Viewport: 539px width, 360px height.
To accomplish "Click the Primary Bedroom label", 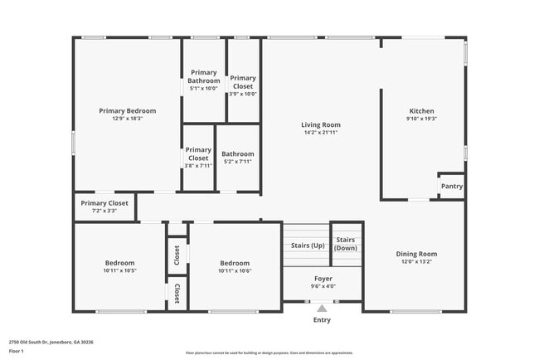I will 127,110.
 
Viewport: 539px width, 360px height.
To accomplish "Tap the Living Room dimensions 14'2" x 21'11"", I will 320,133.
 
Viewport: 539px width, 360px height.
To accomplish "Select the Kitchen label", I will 421,110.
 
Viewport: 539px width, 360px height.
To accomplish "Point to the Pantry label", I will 451,187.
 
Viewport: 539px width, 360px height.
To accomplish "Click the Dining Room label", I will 415,254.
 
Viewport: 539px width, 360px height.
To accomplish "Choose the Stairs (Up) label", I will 307,246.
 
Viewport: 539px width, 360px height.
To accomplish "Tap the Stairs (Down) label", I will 346,244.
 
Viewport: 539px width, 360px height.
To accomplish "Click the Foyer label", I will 323,279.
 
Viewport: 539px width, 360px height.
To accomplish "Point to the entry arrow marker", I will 323,308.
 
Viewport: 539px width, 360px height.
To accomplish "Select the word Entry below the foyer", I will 322,319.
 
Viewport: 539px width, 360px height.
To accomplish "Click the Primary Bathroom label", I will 204,76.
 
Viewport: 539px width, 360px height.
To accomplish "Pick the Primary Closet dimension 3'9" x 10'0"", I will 243,93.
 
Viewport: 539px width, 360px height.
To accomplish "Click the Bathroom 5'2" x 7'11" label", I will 238,162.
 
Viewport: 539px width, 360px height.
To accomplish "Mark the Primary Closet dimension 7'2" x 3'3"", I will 104,211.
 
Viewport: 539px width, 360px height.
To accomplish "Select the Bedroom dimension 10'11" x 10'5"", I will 120,270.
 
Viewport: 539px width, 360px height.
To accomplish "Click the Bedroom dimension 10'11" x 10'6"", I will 235,270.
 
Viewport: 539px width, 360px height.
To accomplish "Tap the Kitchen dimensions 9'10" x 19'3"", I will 421,119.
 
